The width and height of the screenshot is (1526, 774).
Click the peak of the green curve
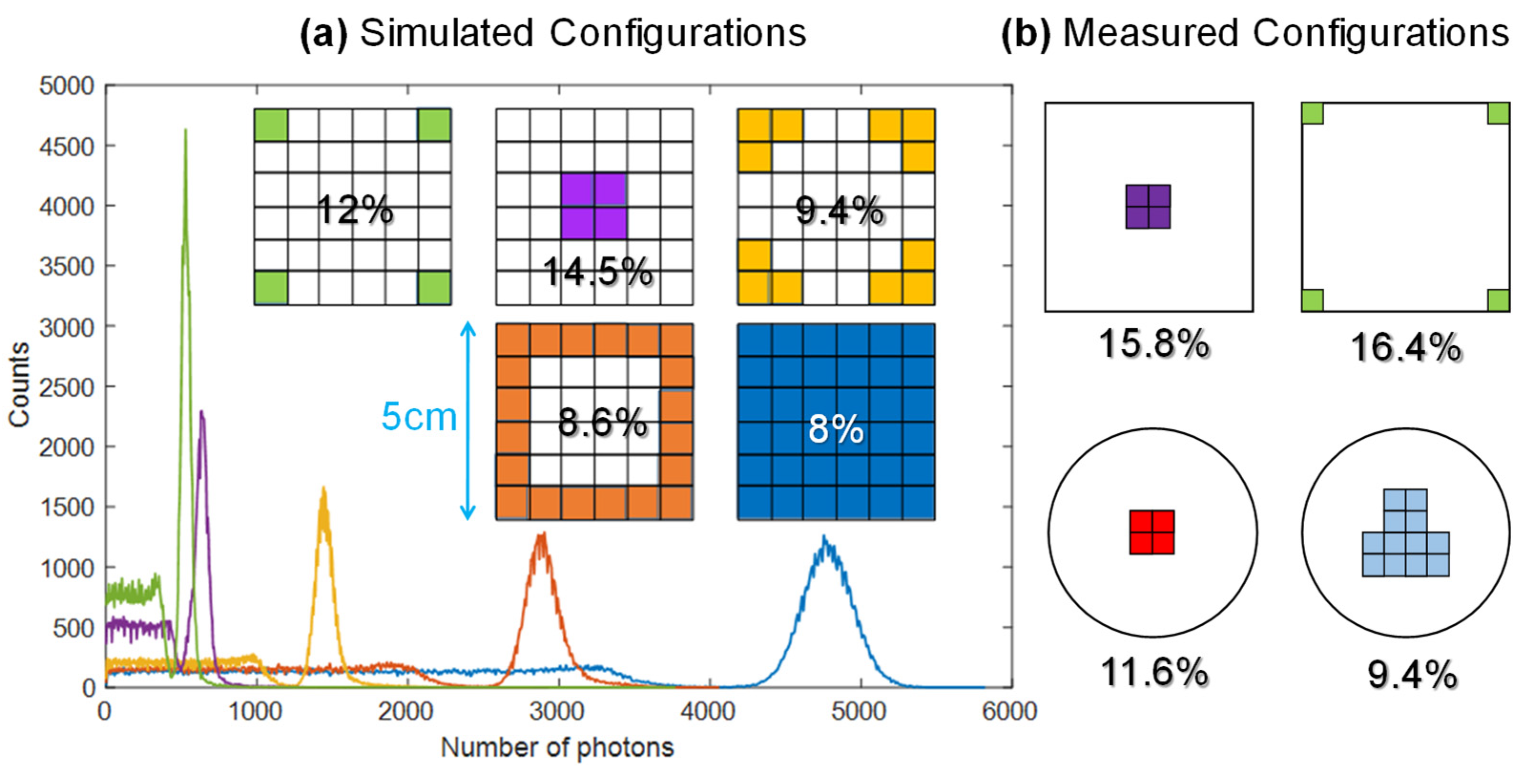[186, 130]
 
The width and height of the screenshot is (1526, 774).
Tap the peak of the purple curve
[202, 412]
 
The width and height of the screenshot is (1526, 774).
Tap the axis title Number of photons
[557, 747]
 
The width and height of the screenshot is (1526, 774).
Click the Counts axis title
[19, 385]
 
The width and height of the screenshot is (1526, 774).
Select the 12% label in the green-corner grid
[354, 210]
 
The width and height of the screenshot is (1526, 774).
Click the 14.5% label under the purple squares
[597, 272]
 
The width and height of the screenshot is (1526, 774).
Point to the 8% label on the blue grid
[835, 429]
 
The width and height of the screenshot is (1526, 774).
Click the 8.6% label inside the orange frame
[602, 422]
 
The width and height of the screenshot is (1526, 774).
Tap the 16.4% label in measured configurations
[1405, 347]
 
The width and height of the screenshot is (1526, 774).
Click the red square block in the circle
[1152, 532]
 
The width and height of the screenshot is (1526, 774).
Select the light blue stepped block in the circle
[1405, 542]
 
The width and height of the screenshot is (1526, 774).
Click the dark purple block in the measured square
[1147, 206]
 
